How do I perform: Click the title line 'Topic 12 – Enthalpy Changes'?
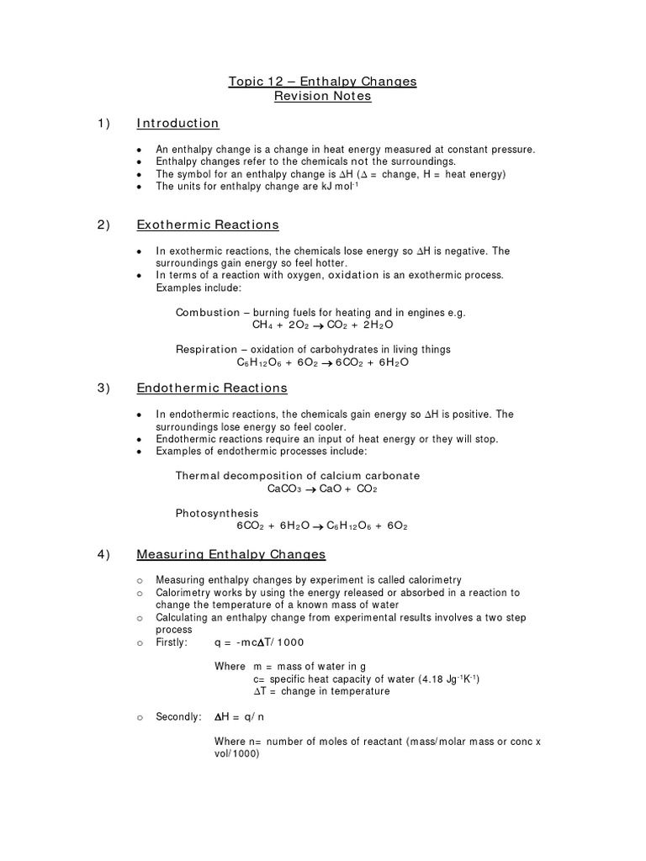(322, 82)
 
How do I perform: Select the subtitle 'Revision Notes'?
(322, 97)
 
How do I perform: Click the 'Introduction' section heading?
(177, 124)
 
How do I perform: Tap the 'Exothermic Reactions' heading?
(207, 225)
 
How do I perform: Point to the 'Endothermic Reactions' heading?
(211, 388)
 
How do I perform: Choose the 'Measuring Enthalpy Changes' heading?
(230, 555)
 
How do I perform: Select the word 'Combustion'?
(206, 312)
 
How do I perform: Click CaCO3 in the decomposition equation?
(283, 489)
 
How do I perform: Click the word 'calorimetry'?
(432, 580)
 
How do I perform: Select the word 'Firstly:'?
(175, 642)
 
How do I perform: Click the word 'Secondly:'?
(178, 717)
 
